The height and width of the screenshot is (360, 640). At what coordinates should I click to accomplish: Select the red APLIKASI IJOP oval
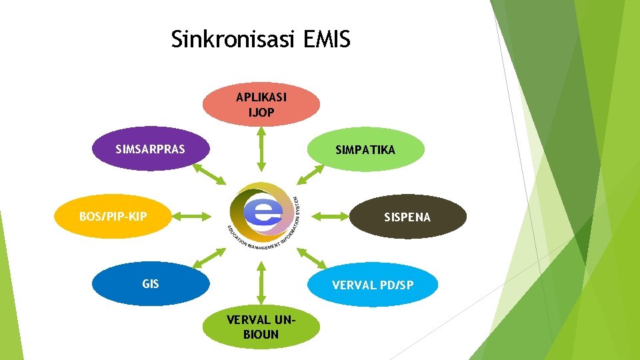click(x=261, y=105)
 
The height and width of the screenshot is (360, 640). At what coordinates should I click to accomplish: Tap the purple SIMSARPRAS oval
click(x=150, y=149)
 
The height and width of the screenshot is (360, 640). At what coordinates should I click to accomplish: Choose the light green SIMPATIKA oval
click(x=365, y=150)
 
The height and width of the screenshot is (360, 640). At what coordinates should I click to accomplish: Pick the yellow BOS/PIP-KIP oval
click(x=113, y=216)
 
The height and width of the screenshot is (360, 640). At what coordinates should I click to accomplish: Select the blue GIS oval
click(x=151, y=283)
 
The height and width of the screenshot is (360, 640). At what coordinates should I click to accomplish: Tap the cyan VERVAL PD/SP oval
click(x=373, y=285)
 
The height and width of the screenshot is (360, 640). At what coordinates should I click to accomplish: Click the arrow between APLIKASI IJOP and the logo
click(x=261, y=149)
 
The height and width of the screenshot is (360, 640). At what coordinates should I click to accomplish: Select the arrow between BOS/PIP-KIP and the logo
click(x=195, y=215)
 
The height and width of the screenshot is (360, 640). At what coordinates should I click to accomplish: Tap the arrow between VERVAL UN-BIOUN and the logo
click(x=261, y=282)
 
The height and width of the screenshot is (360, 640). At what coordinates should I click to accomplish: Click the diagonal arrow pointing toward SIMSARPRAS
click(x=209, y=173)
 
